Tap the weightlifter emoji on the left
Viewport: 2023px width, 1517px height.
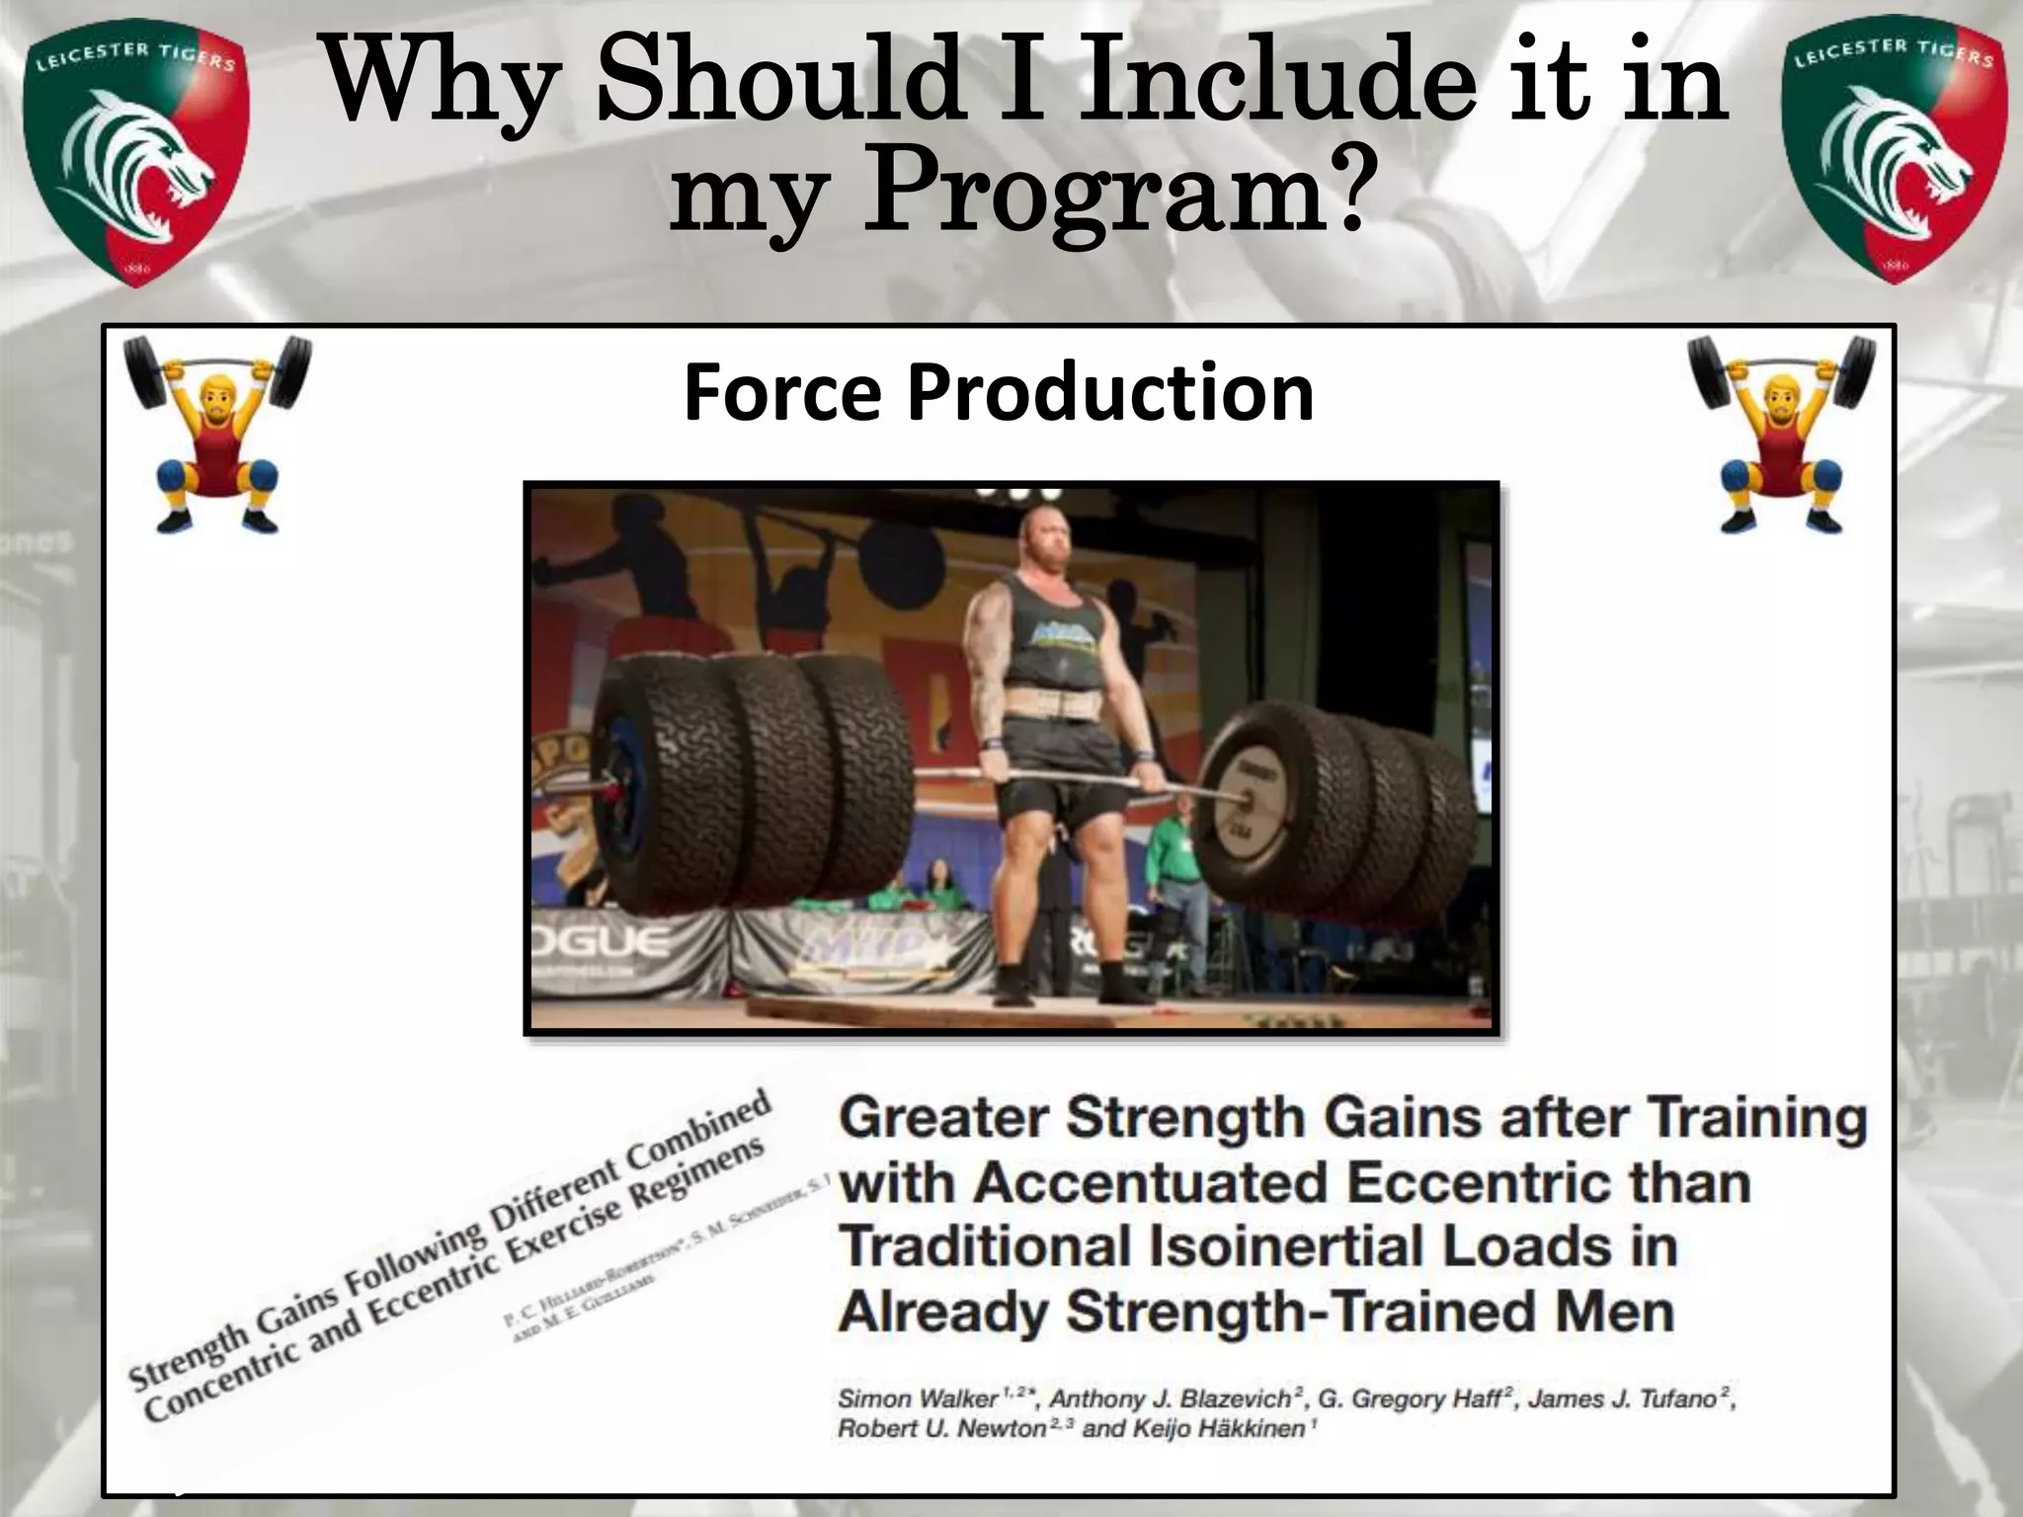215,435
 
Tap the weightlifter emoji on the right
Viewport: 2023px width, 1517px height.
1781,435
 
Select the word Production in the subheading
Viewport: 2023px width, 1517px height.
1110,393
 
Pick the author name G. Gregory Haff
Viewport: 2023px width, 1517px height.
1410,1398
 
